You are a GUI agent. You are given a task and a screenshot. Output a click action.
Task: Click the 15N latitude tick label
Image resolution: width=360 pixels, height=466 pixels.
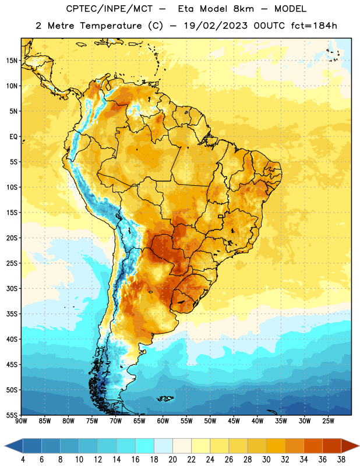(x=12, y=61)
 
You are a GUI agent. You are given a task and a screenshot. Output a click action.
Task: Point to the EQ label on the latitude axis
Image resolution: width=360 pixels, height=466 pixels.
(x=13, y=137)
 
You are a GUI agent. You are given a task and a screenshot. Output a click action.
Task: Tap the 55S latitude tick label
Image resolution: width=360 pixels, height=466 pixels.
(x=12, y=415)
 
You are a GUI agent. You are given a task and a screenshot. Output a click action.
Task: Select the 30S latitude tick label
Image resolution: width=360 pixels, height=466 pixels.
(x=12, y=288)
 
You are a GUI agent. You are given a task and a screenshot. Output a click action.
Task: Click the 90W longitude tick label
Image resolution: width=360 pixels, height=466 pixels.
(x=21, y=421)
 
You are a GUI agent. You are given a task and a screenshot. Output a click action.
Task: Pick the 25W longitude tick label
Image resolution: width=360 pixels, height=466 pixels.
(x=328, y=421)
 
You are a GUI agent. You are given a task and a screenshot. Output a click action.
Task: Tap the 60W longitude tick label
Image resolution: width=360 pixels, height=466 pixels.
(x=163, y=421)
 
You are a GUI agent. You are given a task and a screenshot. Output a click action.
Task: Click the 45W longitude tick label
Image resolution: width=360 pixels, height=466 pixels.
(x=234, y=421)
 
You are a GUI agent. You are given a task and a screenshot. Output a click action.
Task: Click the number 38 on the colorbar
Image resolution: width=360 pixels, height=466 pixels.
(x=341, y=460)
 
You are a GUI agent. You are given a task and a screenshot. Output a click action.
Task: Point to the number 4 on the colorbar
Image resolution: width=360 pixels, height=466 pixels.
(x=23, y=460)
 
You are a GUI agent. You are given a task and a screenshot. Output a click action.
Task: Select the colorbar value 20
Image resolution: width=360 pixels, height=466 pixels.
(x=172, y=460)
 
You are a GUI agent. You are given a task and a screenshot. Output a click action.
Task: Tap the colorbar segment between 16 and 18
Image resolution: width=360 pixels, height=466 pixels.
(x=145, y=446)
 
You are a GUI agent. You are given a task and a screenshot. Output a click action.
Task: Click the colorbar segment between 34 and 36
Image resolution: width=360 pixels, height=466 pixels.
(x=313, y=446)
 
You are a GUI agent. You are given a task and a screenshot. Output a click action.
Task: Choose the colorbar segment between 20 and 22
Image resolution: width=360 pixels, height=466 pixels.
(x=182, y=446)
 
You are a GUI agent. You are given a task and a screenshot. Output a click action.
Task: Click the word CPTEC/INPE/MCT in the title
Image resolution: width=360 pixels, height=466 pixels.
(x=110, y=9)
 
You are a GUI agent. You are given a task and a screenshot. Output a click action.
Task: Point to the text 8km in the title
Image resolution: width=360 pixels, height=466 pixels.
(x=243, y=9)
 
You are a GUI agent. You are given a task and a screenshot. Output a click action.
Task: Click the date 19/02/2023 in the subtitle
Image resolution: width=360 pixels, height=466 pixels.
(x=216, y=26)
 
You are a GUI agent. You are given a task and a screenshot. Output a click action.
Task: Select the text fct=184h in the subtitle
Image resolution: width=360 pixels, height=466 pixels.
(x=314, y=26)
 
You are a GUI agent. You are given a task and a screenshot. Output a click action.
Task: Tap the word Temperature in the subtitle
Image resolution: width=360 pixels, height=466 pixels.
(x=111, y=26)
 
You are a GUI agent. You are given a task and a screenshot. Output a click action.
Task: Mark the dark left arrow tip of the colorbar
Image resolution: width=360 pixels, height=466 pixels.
(x=5, y=446)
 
